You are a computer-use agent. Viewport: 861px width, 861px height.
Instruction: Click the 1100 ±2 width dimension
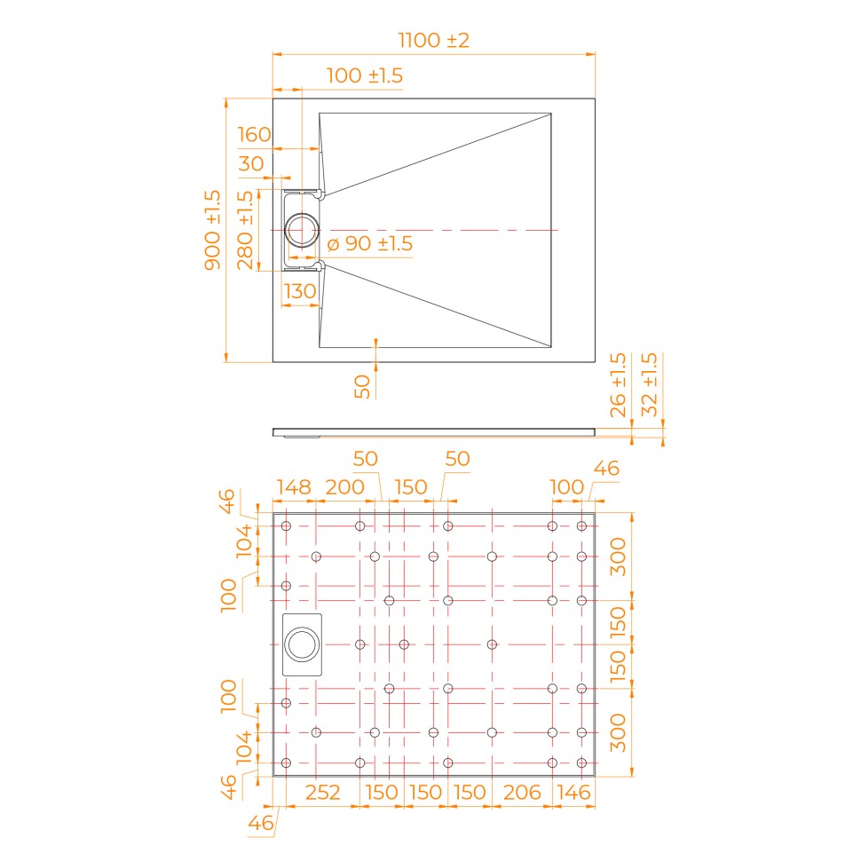(x=433, y=41)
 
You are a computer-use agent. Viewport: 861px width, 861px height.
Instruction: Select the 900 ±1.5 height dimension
(x=212, y=230)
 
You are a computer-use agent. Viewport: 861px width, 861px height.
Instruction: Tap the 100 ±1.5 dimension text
(x=365, y=75)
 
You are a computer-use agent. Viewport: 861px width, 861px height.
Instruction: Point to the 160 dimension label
(x=254, y=135)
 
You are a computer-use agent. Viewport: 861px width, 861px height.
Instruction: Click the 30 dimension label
(x=251, y=163)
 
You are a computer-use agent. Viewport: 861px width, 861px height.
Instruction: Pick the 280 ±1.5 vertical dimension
(x=245, y=230)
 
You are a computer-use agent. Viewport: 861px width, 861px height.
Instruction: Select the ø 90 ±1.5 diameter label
(x=369, y=244)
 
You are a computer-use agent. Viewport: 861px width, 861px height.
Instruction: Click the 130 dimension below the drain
(x=300, y=291)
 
